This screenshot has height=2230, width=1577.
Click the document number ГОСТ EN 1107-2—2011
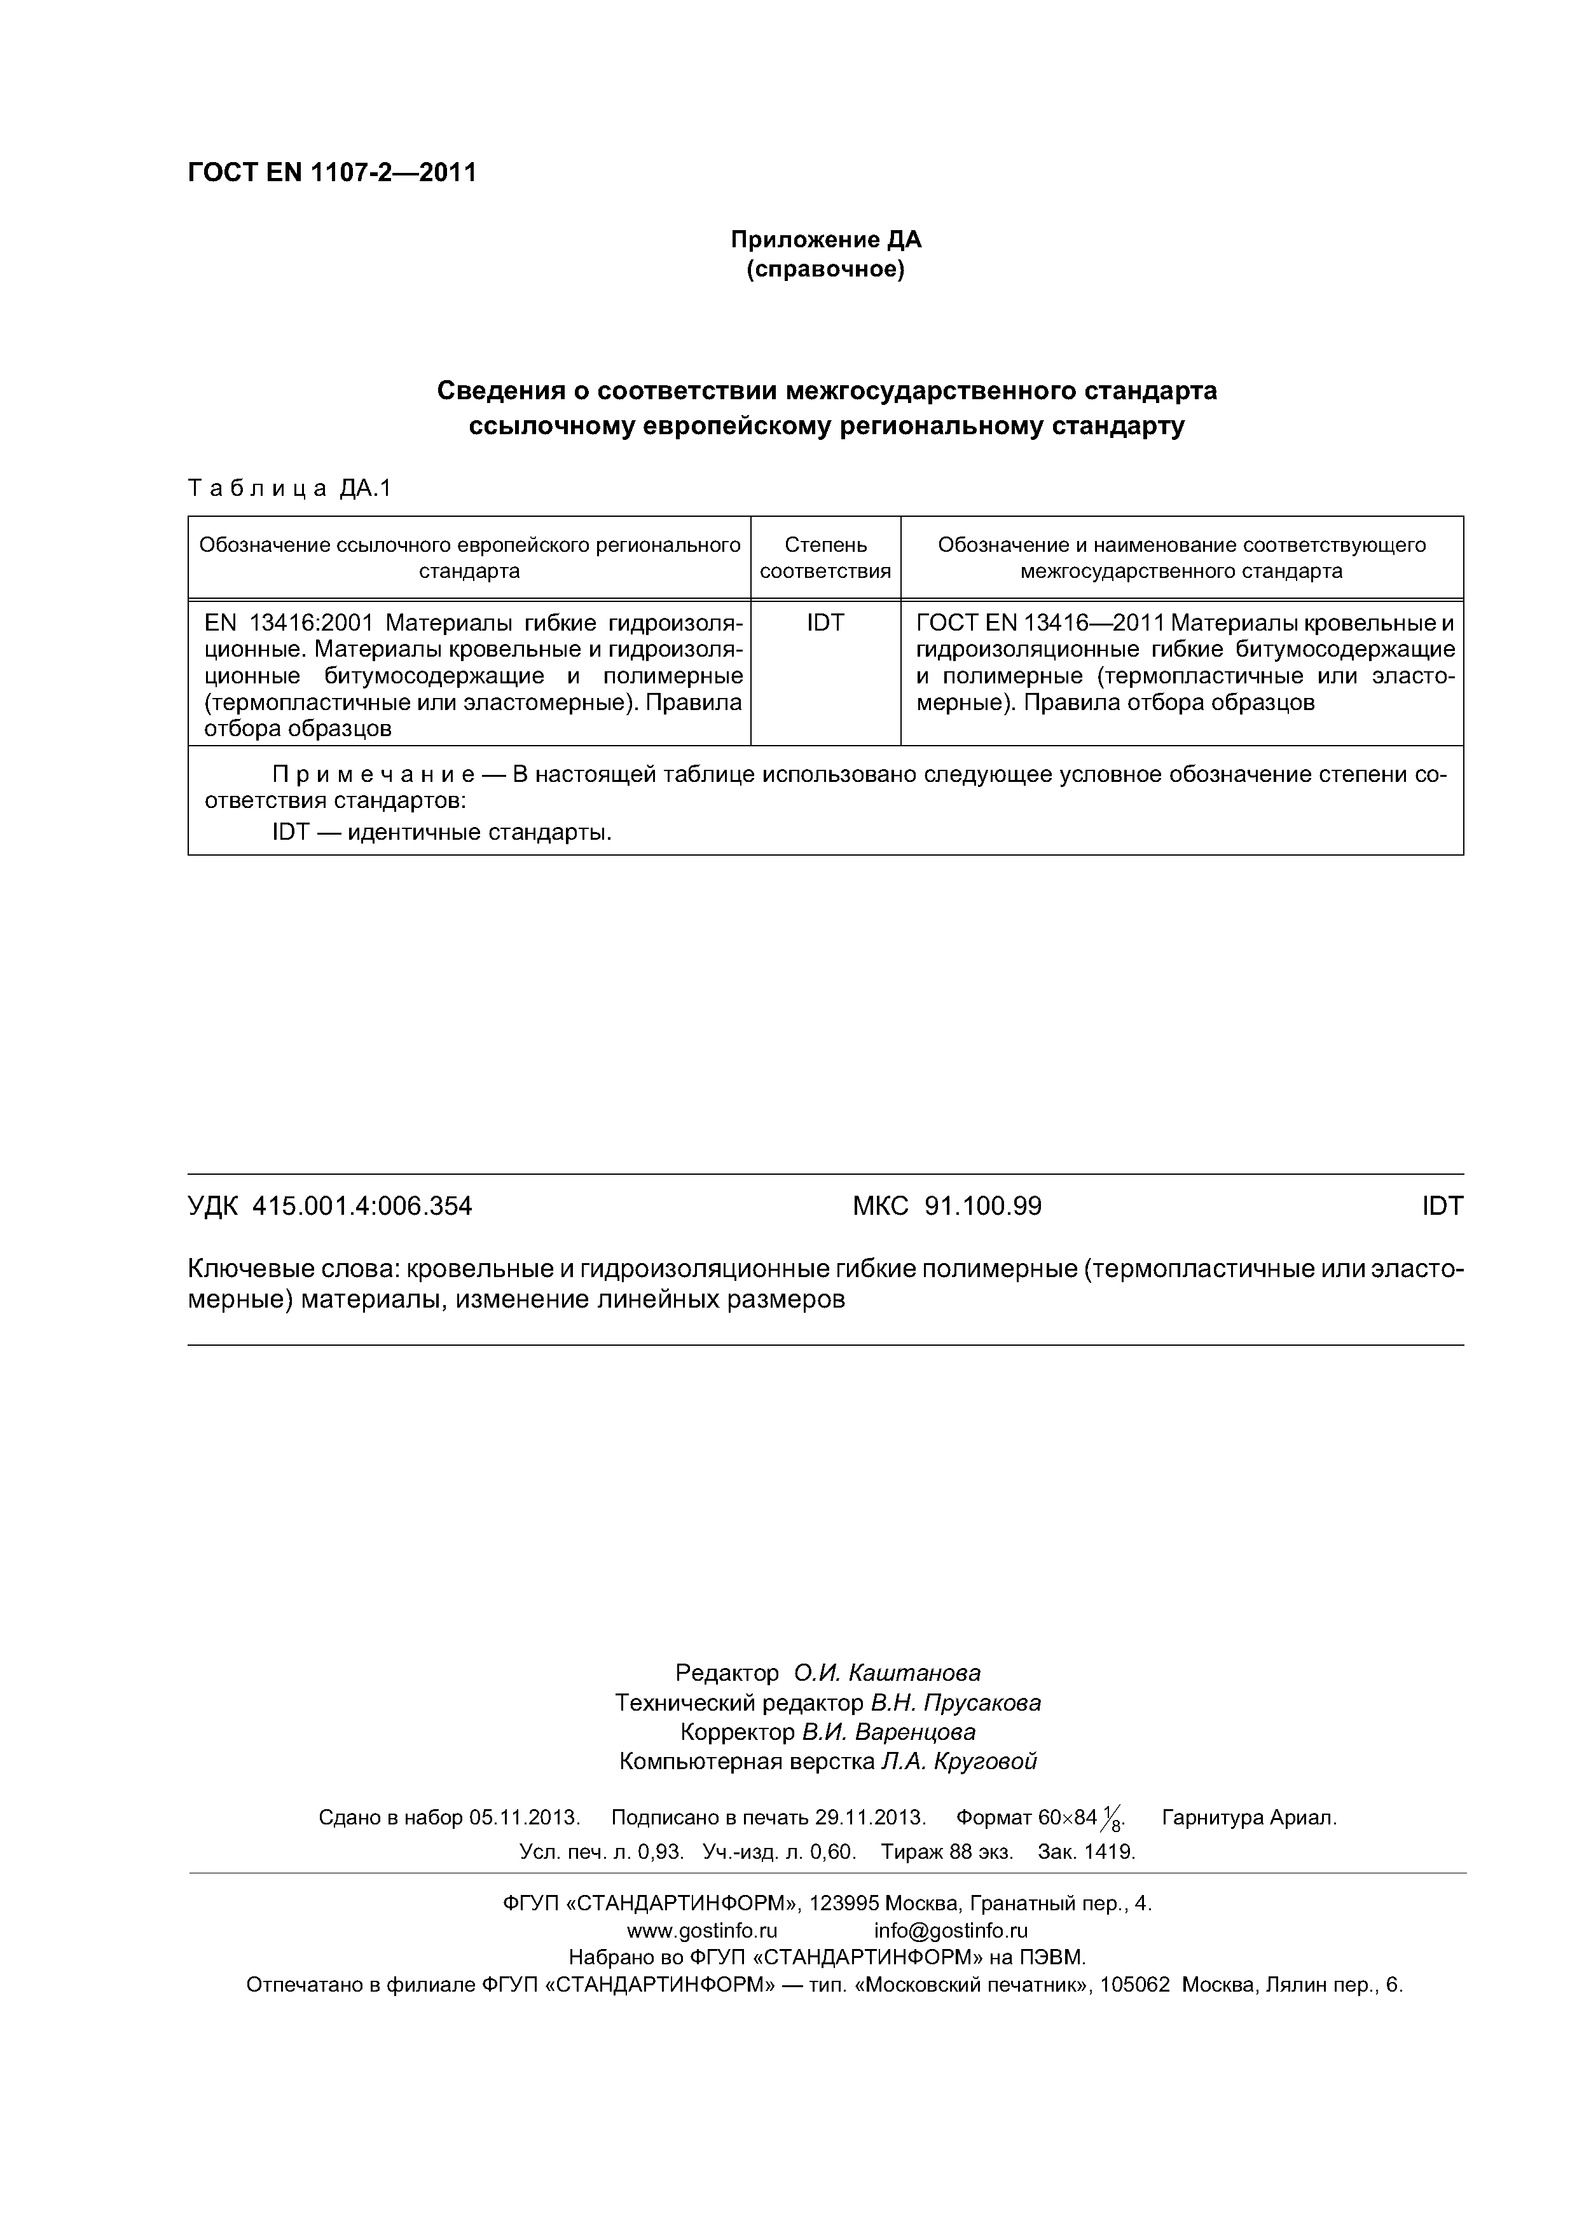331,173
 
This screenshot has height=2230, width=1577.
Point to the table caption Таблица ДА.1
289,489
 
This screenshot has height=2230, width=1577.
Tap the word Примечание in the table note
373,775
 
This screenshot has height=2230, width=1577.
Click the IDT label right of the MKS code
1442,1207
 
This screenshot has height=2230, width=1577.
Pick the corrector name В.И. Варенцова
888,1732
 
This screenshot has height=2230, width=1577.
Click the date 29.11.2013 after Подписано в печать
870,1817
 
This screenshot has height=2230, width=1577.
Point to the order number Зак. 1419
1086,1851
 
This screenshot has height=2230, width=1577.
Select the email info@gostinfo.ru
950,1930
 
